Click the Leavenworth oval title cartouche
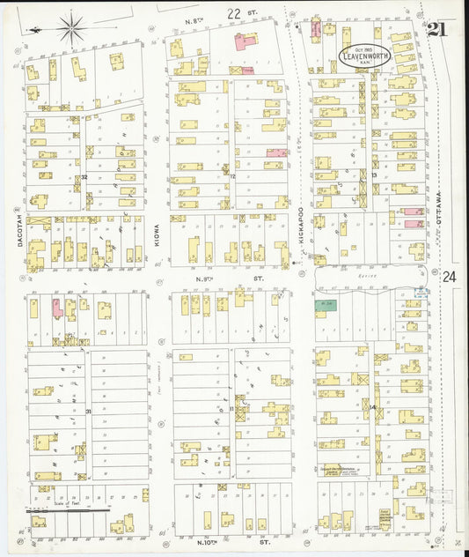tap(365, 57)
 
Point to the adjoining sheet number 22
tap(234, 13)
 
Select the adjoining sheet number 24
tap(451, 277)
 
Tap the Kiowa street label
tap(158, 232)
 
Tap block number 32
tap(84, 177)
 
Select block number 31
tap(88, 411)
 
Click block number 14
tap(373, 407)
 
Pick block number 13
tap(374, 175)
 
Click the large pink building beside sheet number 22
tap(245, 41)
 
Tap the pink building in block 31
tap(57, 308)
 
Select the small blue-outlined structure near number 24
tap(421, 293)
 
